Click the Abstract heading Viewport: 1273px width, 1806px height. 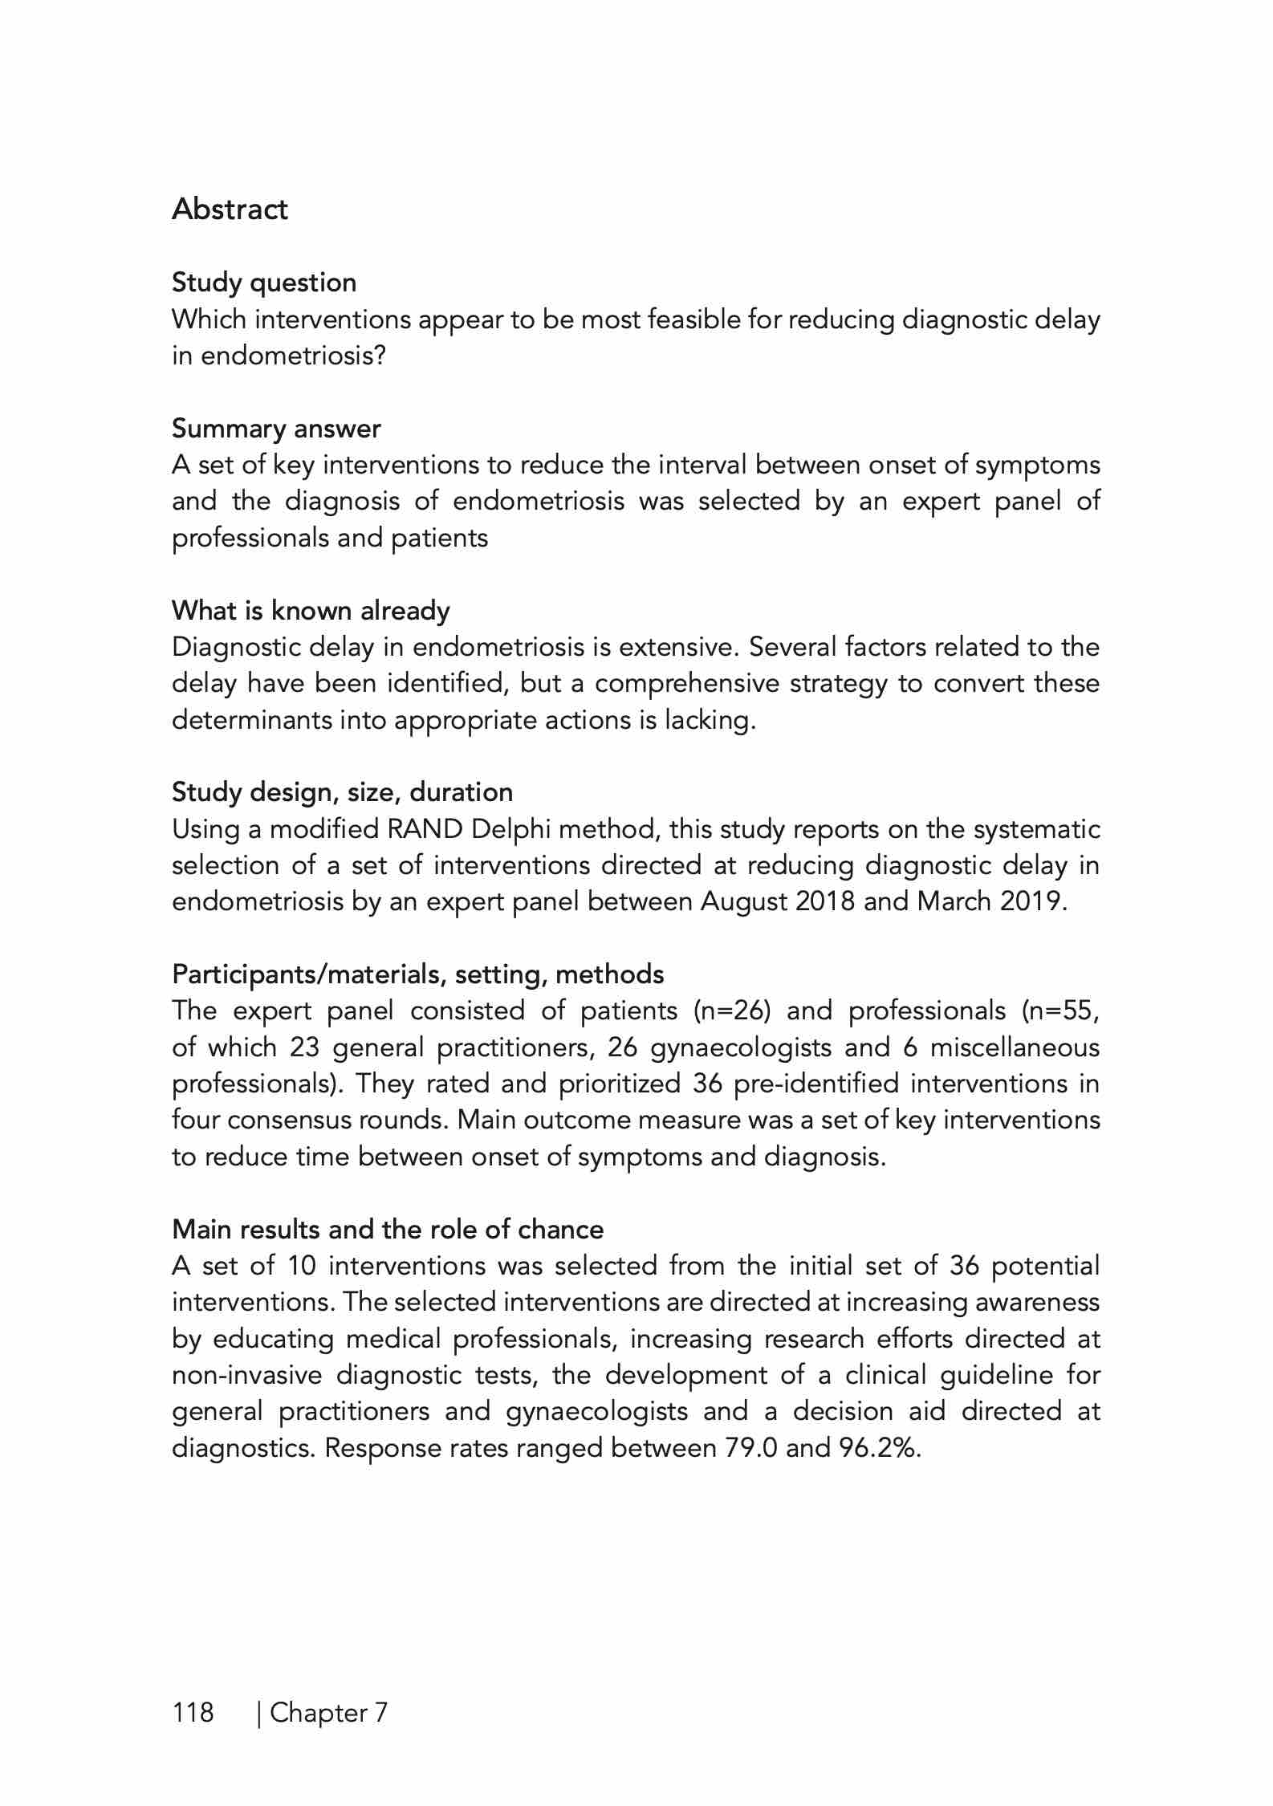(x=230, y=209)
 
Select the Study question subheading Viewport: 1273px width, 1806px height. (x=264, y=283)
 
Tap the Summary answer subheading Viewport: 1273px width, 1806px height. (x=276, y=429)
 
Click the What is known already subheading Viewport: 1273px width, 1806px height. (x=311, y=611)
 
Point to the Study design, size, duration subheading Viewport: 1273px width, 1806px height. (x=342, y=792)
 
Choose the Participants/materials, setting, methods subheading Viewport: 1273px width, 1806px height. (x=417, y=974)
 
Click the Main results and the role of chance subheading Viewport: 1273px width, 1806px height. (x=388, y=1229)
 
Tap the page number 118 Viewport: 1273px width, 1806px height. (x=193, y=1712)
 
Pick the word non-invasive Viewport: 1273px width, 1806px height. (x=246, y=1375)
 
